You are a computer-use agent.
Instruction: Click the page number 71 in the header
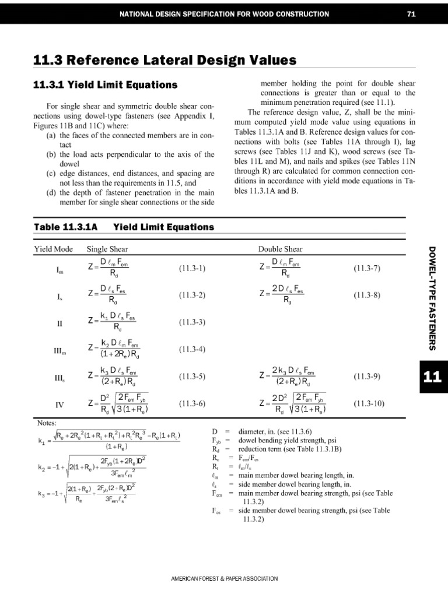click(x=411, y=14)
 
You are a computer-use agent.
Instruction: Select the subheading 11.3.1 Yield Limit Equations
click(x=105, y=85)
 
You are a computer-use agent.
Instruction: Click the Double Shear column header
click(x=281, y=249)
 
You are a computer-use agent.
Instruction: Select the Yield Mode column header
click(x=53, y=249)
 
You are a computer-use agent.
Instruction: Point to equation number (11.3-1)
click(x=192, y=269)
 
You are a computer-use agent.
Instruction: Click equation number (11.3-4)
click(x=192, y=350)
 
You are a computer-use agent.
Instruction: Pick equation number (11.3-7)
click(x=367, y=269)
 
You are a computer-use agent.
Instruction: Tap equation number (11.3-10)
click(x=369, y=403)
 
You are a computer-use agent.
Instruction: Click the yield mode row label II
click(x=60, y=322)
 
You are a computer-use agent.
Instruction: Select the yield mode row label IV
click(x=60, y=403)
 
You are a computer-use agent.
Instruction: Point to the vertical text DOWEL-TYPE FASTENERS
click(x=433, y=298)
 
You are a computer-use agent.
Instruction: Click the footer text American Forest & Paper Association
click(x=224, y=578)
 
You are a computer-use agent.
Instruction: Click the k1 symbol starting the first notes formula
click(x=41, y=441)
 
